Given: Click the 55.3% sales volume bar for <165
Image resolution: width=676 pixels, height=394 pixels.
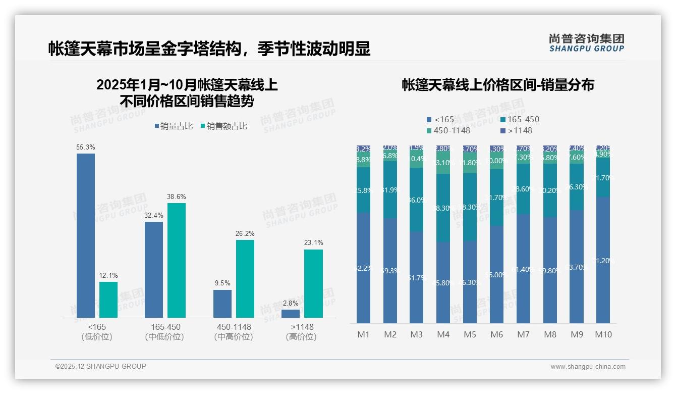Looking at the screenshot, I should (x=86, y=235).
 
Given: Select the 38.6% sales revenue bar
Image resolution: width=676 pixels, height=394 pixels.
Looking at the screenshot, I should (x=177, y=260).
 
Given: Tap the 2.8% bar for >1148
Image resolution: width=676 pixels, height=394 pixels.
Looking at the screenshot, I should (x=291, y=314).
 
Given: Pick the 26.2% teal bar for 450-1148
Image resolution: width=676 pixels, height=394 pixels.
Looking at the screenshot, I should (x=245, y=279).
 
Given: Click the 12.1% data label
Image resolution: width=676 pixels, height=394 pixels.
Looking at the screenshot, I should (x=108, y=276).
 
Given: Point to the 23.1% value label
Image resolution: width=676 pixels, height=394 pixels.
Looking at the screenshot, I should (x=313, y=243).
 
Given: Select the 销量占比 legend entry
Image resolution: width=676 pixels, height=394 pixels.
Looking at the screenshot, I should (x=174, y=126).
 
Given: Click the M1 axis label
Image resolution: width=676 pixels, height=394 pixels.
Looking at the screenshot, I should (x=364, y=334).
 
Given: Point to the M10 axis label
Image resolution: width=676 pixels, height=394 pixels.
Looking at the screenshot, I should (x=603, y=334).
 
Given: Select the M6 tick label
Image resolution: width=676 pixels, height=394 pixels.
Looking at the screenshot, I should (x=497, y=334).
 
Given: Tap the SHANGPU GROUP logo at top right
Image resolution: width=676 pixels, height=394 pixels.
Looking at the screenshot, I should (x=587, y=43).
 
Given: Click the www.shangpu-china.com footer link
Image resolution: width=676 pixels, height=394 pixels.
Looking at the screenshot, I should (x=588, y=367).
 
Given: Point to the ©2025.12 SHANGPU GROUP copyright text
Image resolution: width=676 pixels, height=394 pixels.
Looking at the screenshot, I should (x=101, y=366).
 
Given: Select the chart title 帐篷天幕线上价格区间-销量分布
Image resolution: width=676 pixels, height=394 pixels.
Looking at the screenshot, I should (x=498, y=85).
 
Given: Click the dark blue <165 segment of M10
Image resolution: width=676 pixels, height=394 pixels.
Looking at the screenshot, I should (x=603, y=260).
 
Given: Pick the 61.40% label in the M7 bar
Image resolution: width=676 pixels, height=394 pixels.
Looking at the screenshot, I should (x=524, y=270).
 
